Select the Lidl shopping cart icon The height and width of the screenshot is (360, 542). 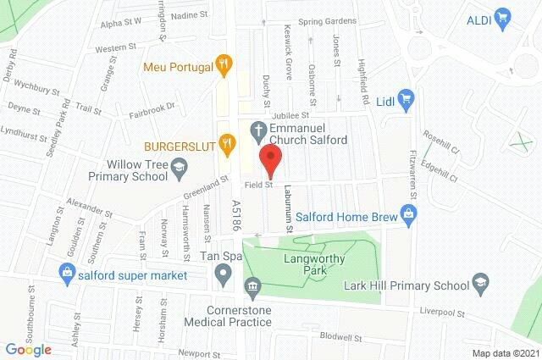click(405, 97)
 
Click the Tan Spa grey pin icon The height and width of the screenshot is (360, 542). click(223, 273)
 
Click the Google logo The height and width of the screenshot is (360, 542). click(28, 349)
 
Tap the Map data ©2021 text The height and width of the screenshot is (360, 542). click(505, 352)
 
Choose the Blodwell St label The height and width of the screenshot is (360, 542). click(341, 336)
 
